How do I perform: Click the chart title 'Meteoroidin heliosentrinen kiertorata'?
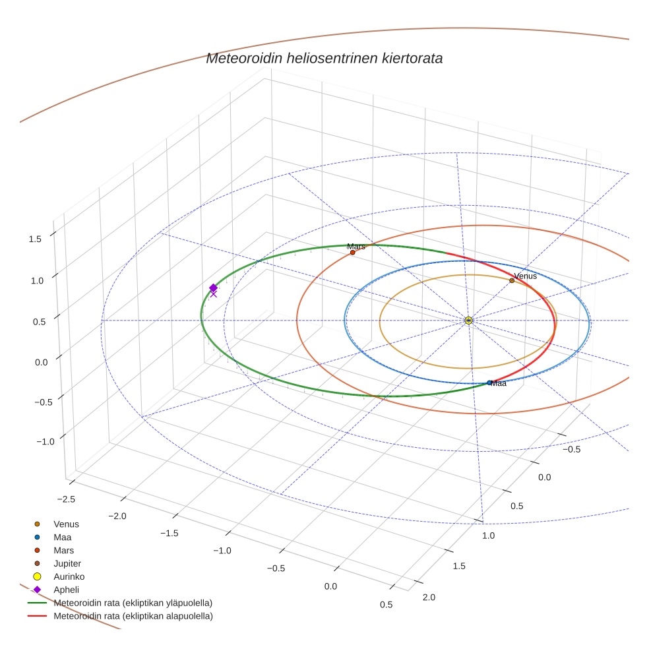(324, 58)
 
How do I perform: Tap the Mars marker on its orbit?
(353, 253)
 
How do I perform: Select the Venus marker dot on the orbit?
(512, 280)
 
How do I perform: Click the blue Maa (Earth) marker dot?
(489, 383)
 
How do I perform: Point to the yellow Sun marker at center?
(468, 321)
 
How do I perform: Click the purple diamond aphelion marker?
(213, 288)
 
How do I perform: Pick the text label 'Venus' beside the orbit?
(526, 276)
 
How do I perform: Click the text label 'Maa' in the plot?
(499, 383)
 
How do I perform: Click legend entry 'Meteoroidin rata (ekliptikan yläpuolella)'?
(132, 603)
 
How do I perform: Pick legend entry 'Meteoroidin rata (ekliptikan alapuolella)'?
(133, 616)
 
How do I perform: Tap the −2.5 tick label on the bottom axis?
(66, 499)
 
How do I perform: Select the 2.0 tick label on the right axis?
(428, 597)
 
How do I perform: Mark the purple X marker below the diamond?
(213, 294)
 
